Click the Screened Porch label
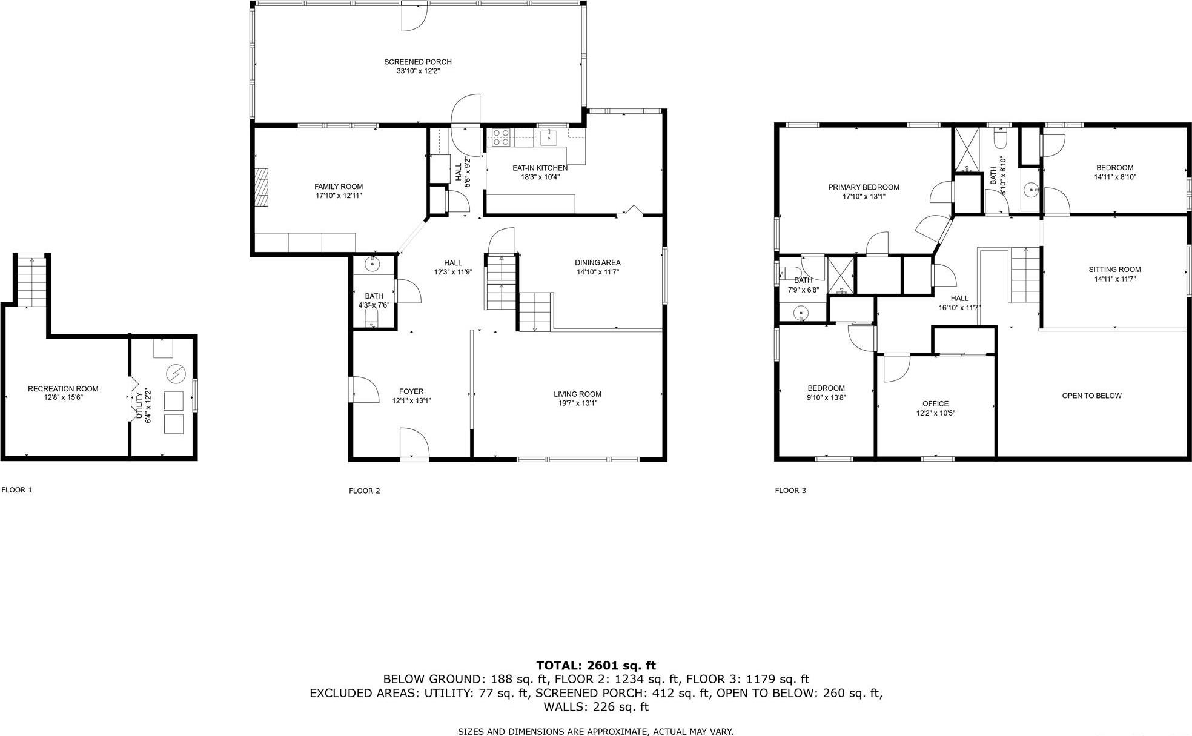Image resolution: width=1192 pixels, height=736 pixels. point(417,62)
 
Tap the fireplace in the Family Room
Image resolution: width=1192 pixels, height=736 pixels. point(261,188)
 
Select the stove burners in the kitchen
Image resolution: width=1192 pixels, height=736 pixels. point(500,138)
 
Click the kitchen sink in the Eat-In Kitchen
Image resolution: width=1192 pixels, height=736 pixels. point(549,137)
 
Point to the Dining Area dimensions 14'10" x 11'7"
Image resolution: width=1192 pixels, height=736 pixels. point(597,273)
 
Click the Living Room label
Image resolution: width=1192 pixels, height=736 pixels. point(577,394)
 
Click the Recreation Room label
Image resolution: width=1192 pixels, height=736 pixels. point(63,389)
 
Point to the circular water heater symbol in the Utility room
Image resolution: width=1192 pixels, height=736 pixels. point(176,375)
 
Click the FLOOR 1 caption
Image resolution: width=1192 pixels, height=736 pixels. point(17,490)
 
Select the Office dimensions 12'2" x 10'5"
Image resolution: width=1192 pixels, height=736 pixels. point(935,414)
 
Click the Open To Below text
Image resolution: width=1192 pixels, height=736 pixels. point(1091,396)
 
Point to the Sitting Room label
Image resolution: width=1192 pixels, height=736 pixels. point(1114,270)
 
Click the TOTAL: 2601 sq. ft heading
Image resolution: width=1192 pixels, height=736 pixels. point(595,666)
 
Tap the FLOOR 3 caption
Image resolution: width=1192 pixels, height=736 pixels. point(790,491)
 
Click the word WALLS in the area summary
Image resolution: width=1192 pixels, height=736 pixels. point(564,707)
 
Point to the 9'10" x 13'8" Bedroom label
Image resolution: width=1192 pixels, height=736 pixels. point(826,388)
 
